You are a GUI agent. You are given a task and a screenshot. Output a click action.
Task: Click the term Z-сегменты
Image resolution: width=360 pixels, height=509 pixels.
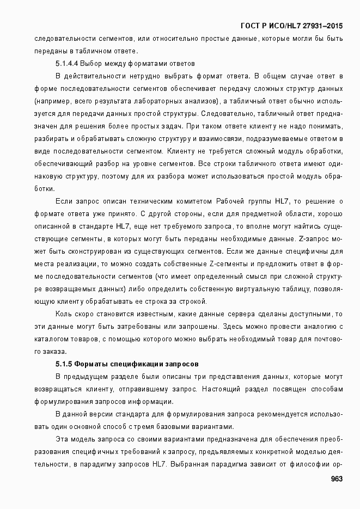point(210,263)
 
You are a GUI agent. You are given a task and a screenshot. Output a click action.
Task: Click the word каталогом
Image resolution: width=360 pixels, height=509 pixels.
point(49,339)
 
